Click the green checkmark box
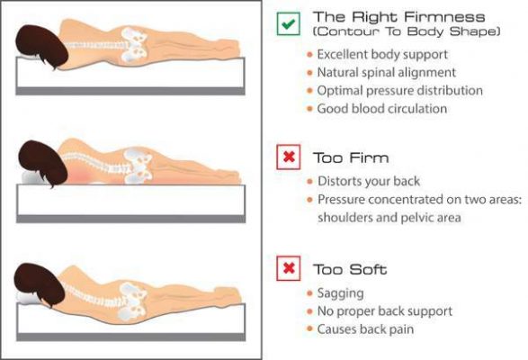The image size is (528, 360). click(288, 23)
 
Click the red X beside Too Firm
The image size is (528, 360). click(289, 157)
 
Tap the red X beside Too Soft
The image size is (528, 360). click(289, 268)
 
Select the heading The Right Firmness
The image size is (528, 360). click(399, 16)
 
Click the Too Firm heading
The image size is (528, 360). click(351, 157)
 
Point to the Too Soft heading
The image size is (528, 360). click(350, 269)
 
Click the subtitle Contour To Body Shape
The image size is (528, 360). click(407, 31)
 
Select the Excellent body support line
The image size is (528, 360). click(382, 54)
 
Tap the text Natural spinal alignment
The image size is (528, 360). click(386, 73)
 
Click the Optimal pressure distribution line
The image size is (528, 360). click(399, 91)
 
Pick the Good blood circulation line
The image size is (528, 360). click(382, 109)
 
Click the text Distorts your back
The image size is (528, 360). click(369, 181)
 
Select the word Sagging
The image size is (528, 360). click(340, 293)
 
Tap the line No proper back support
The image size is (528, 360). click(385, 311)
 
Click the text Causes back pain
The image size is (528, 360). click(365, 329)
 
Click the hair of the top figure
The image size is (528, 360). click(40, 46)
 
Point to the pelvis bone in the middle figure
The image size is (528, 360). click(139, 166)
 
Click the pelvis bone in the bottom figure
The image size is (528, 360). click(132, 301)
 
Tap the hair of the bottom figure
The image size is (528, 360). click(40, 284)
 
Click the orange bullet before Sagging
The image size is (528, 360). click(309, 293)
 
